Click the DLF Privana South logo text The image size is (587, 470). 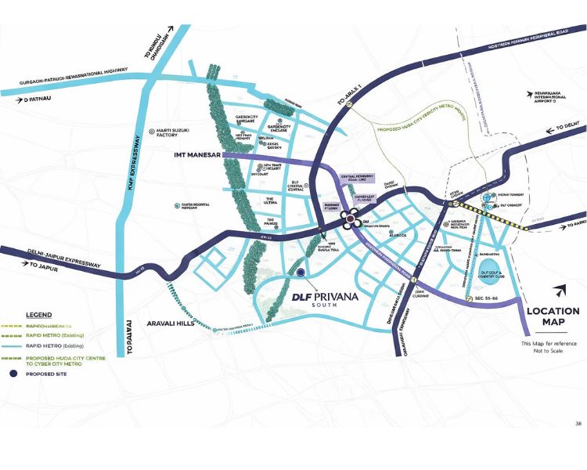coord(328,298)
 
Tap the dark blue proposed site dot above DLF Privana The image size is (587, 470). coord(301,273)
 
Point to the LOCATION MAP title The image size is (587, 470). coord(553,316)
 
